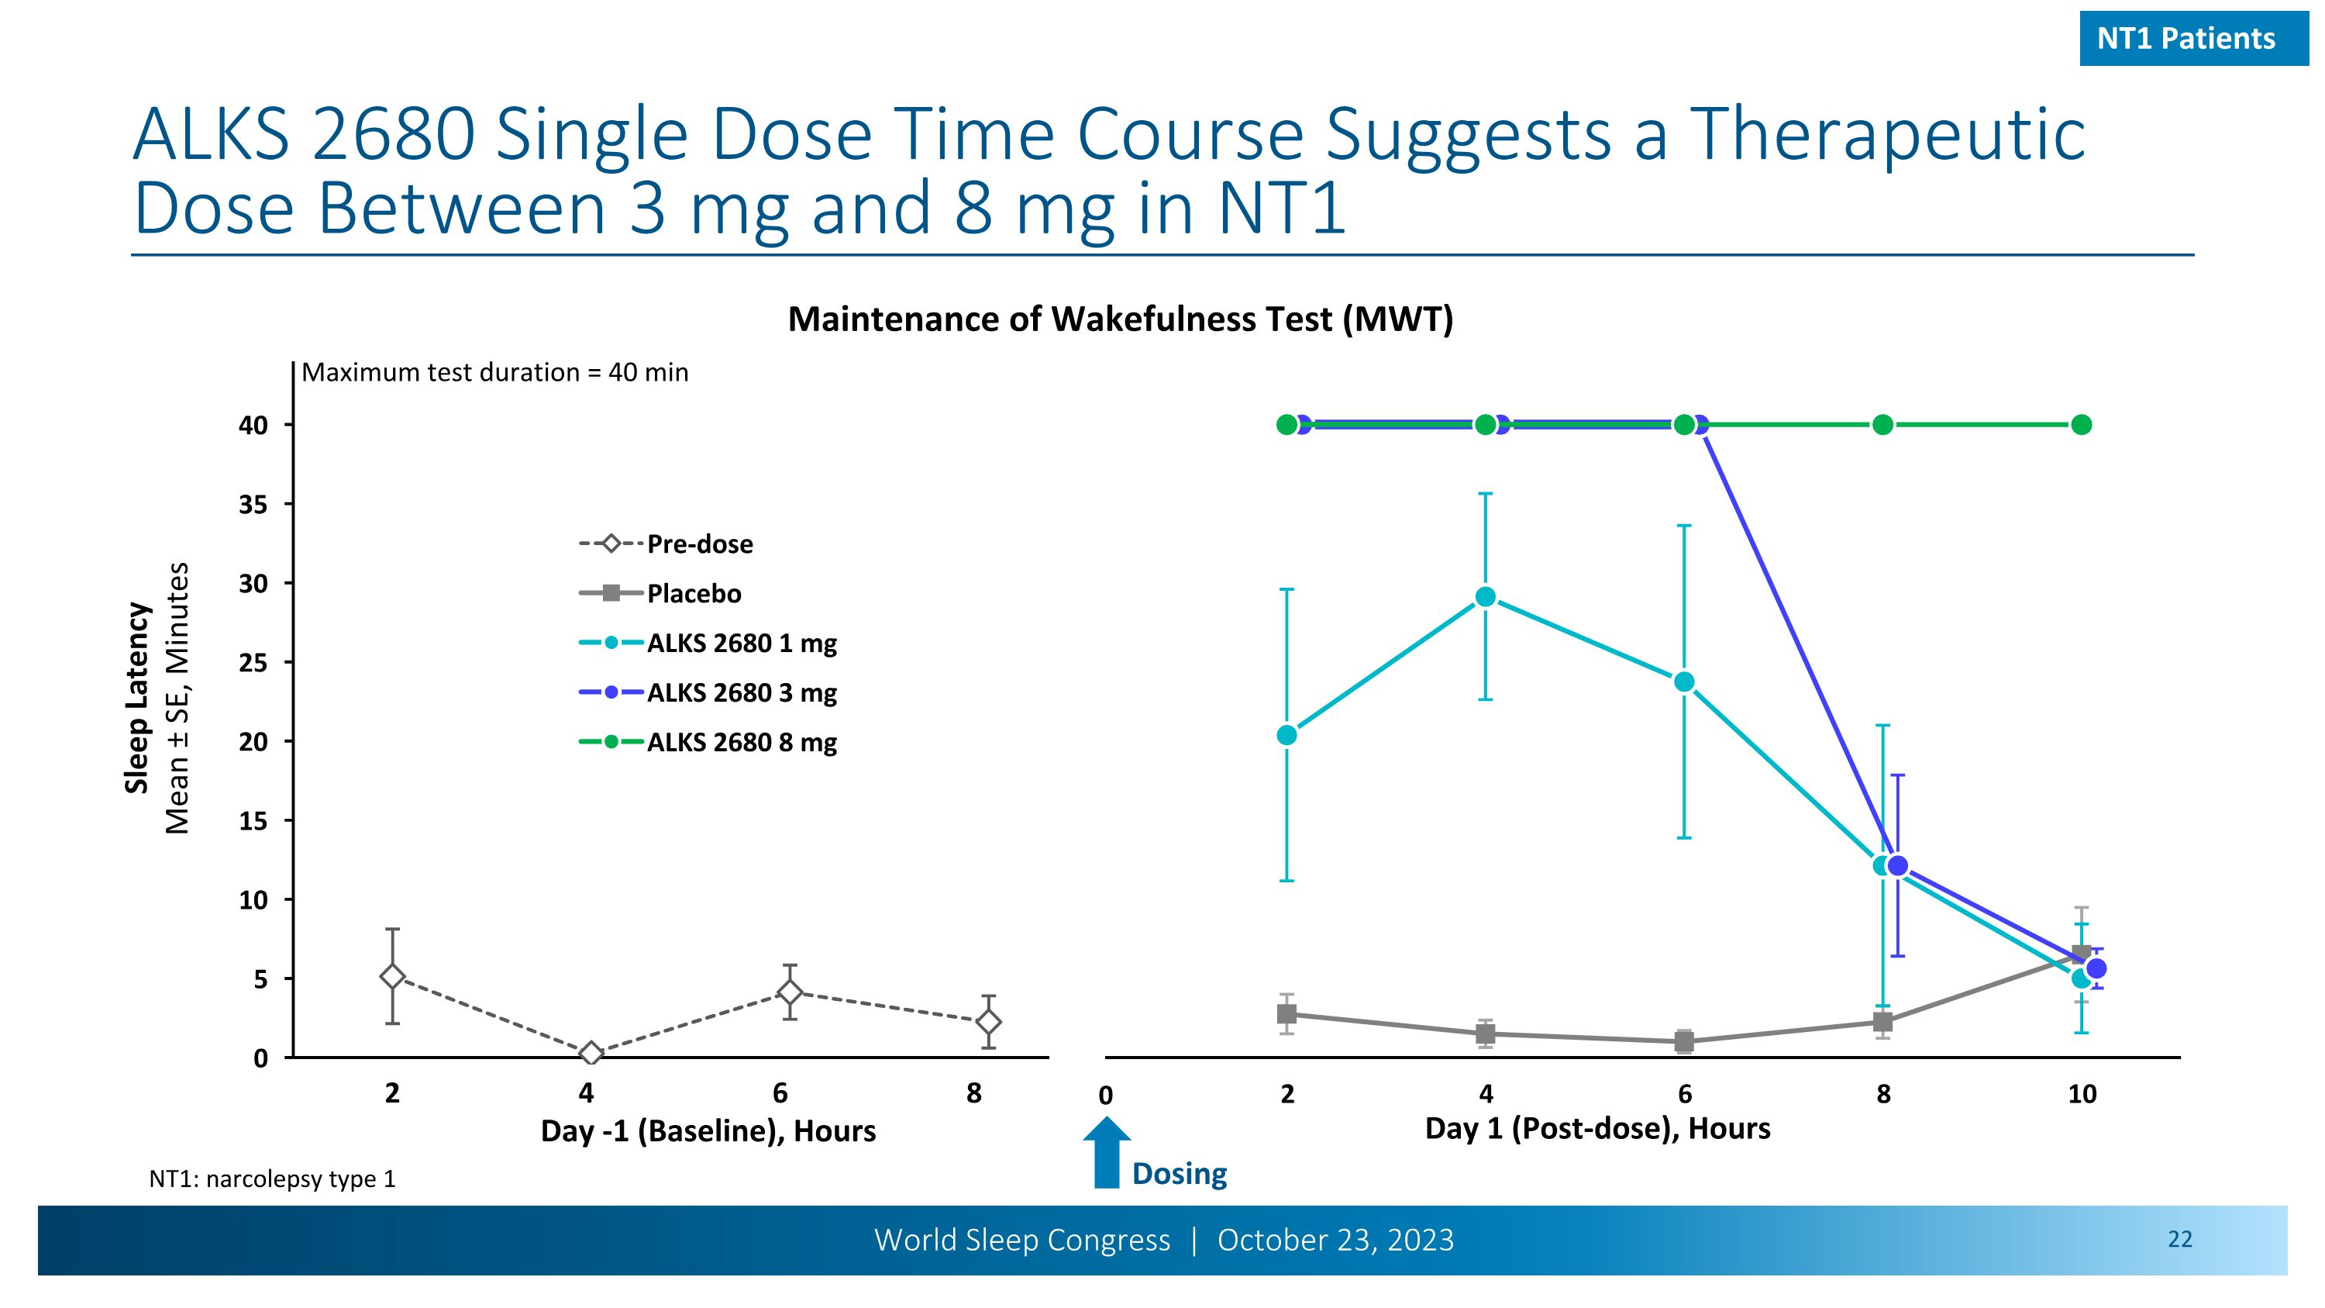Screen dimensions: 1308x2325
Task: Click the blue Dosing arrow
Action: coord(1107,1154)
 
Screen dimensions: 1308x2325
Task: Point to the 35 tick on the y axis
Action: coord(254,505)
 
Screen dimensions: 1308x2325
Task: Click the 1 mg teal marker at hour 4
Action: coord(1486,598)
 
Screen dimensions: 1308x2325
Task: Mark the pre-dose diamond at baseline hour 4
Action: coord(591,1054)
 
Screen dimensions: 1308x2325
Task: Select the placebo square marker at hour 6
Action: coord(1684,1042)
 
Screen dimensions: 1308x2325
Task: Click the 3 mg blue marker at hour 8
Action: coord(1897,866)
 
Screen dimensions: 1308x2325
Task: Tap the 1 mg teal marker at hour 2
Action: coord(1287,736)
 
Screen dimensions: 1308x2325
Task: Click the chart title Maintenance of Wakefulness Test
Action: coord(1120,319)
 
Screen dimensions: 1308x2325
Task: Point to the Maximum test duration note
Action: coord(494,373)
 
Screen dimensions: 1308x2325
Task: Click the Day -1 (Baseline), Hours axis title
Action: coord(708,1131)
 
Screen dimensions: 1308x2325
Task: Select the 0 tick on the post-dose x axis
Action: coord(1106,1096)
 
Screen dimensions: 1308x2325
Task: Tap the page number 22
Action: coord(2179,1240)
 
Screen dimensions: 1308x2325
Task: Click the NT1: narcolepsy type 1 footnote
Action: coord(272,1179)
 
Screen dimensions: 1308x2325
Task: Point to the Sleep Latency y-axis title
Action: coord(137,698)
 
